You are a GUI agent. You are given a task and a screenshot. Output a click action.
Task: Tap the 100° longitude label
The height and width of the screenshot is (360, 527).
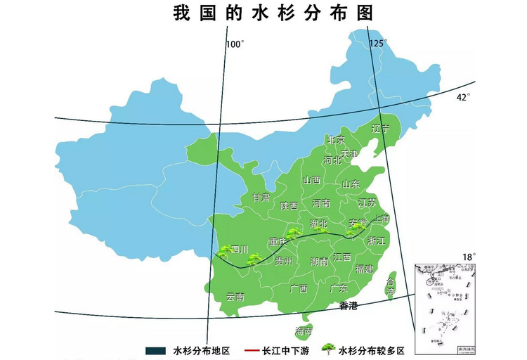tap(235, 44)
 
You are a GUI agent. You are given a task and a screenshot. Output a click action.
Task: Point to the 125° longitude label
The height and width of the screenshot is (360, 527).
tap(379, 44)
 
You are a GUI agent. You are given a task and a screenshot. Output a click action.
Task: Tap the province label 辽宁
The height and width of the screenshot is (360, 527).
tap(380, 129)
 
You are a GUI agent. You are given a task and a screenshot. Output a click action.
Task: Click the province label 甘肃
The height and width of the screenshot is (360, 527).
tap(261, 198)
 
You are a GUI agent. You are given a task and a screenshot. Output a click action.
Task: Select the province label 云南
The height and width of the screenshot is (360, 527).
tap(235, 297)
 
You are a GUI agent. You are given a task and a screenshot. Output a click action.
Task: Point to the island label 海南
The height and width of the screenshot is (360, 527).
tap(304, 330)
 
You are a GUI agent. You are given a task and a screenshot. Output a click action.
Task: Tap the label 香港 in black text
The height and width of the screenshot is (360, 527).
tap(349, 306)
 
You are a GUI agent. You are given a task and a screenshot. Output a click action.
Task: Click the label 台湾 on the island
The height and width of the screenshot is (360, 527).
tap(391, 286)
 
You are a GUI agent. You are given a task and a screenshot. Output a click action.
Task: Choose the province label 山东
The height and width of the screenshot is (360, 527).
tap(350, 184)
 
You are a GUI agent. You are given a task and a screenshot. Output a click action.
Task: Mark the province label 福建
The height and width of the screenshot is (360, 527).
tap(364, 269)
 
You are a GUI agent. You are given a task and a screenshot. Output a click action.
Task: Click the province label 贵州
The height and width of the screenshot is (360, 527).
tap(284, 262)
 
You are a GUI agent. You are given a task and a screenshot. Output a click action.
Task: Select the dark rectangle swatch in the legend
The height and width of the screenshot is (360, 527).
tap(155, 350)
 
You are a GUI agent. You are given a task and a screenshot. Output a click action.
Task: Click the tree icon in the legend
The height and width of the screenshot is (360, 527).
tap(327, 349)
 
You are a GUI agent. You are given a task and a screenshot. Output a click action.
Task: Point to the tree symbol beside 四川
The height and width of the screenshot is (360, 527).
tap(225, 250)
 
